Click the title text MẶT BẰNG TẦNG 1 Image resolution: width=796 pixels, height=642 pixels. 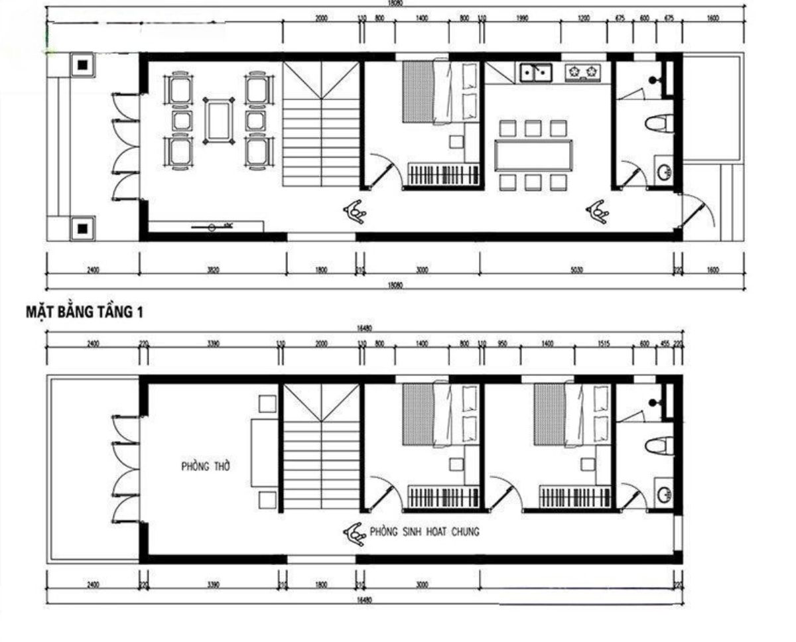[x=84, y=311]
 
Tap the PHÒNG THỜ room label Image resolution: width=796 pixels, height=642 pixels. [x=206, y=467]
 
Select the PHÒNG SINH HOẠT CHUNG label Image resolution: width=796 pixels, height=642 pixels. [x=425, y=532]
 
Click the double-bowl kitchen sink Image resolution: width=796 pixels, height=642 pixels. [x=535, y=71]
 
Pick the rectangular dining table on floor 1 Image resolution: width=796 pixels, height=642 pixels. [x=533, y=155]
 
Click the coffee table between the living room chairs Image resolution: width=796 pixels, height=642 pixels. [x=219, y=120]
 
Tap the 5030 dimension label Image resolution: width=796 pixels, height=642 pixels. [x=576, y=270]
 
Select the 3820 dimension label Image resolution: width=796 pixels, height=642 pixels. [x=212, y=270]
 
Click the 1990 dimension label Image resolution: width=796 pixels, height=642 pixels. [x=521, y=19]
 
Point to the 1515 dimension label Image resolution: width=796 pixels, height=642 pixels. [x=603, y=344]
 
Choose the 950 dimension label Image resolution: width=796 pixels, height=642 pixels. [x=502, y=344]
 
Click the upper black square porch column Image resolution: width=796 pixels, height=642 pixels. [x=82, y=65]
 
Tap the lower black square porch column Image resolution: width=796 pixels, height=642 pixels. [x=82, y=229]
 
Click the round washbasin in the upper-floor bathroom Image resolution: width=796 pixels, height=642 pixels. [x=664, y=494]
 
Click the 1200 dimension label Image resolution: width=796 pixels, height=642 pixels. [x=584, y=19]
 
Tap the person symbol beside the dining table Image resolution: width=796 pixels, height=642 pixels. [x=597, y=211]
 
